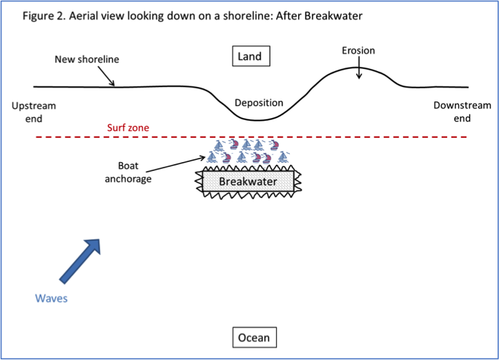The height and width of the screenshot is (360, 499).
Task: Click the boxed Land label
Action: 250,56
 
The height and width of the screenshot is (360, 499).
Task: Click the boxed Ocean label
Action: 253,338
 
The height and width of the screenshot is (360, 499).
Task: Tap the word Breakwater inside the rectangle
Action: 248,182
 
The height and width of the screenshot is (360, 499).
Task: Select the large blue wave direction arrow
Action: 79,261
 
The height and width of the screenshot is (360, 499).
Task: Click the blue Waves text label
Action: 51,299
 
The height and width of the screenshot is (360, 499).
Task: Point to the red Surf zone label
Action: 128,128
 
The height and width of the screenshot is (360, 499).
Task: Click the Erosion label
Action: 358,50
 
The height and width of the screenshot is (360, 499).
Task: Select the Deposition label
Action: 259,103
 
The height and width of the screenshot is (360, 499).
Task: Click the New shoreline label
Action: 87,59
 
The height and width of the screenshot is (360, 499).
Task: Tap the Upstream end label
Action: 34,112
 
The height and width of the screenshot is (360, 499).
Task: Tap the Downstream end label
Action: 462,112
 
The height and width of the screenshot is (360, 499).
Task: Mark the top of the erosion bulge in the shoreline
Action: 359,68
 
